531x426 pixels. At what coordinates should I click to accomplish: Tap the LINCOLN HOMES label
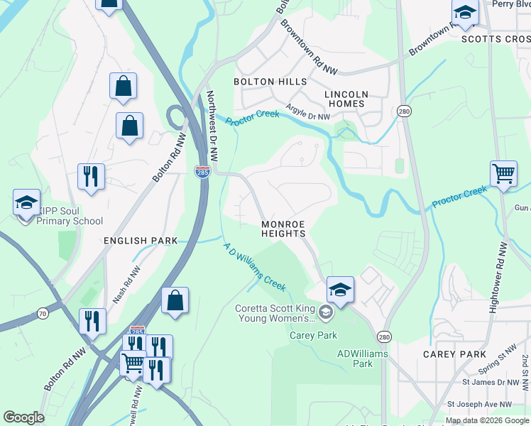click(346, 99)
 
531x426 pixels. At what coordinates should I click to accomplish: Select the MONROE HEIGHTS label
click(283, 229)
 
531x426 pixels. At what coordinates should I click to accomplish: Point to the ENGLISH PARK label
click(141, 241)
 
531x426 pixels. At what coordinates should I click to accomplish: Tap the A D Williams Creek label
click(255, 267)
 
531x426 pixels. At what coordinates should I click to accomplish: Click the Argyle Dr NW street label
click(308, 112)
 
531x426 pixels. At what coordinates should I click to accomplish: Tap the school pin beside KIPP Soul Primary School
click(27, 203)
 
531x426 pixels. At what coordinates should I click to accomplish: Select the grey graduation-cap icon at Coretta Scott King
click(325, 311)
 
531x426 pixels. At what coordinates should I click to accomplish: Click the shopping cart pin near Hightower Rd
click(503, 173)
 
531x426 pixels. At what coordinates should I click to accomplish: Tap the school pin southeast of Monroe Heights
click(340, 289)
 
